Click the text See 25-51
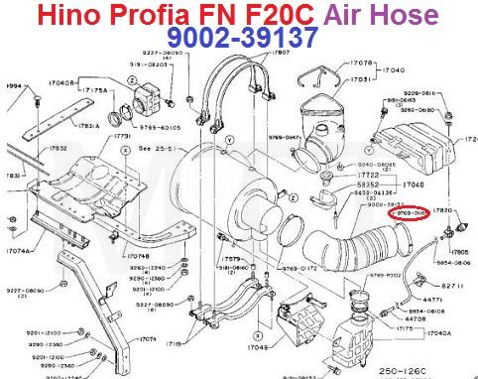tap(157, 149)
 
